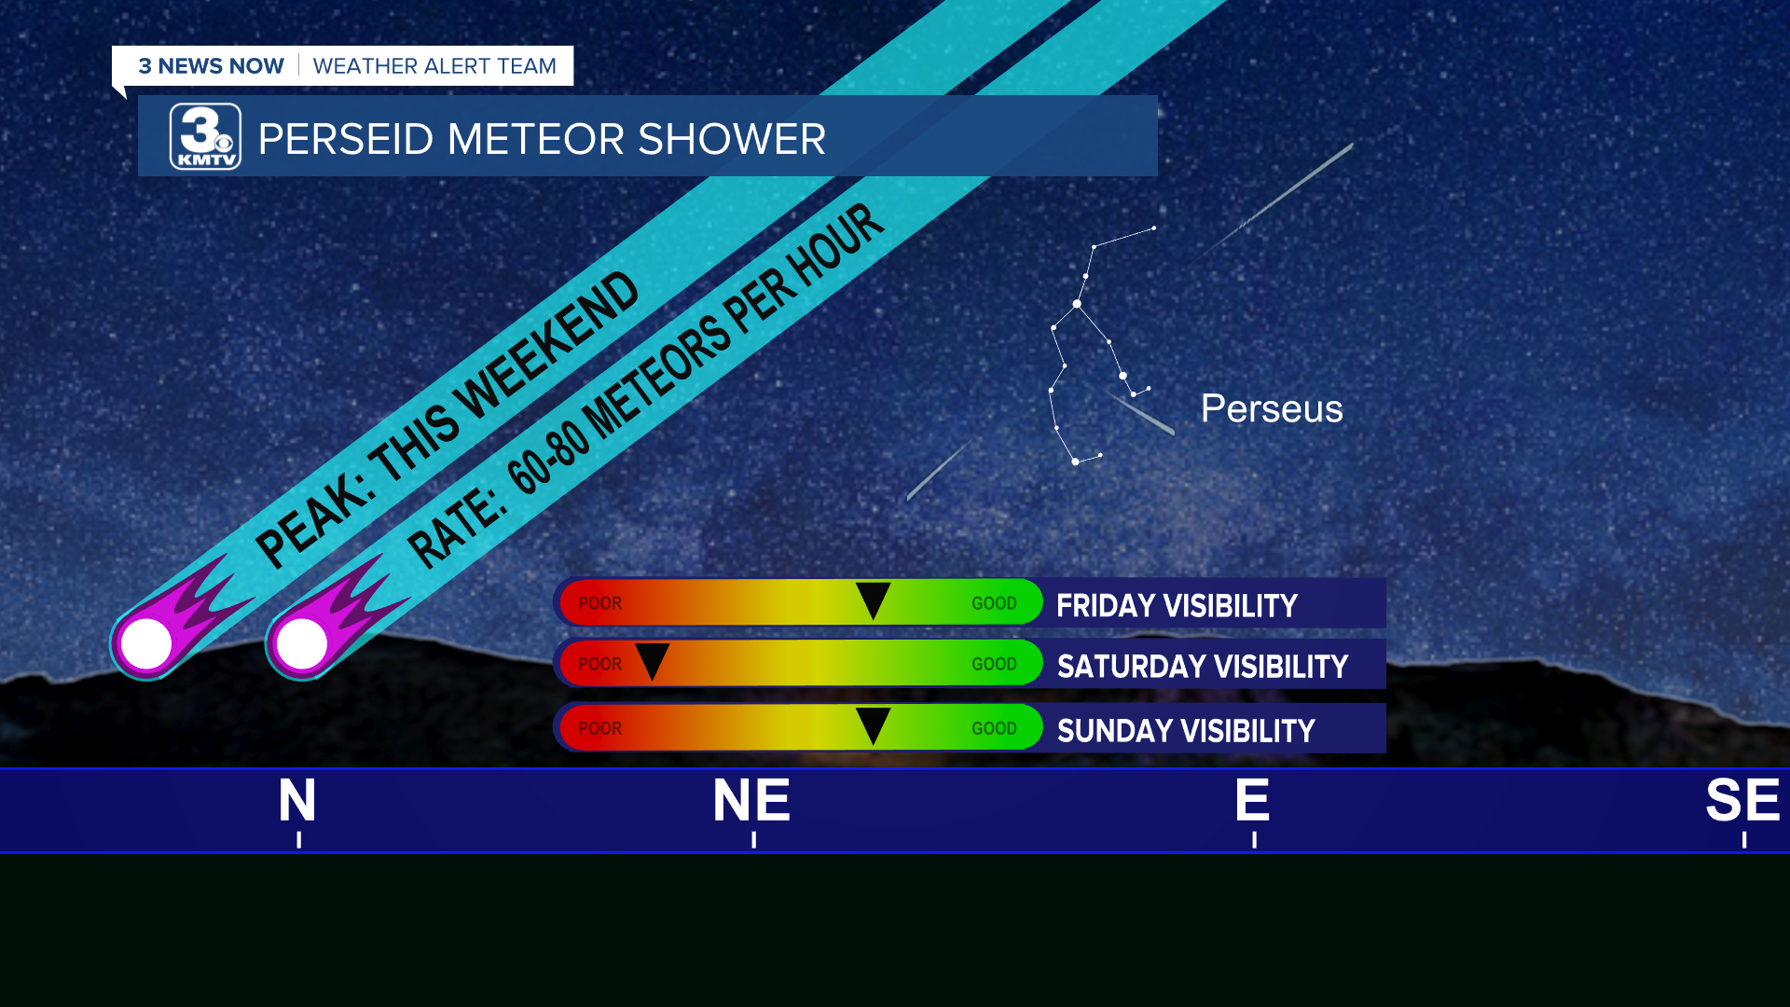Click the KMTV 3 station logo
pyautogui.click(x=205, y=137)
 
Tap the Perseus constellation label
pyautogui.click(x=1272, y=408)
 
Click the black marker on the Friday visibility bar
pyautogui.click(x=873, y=600)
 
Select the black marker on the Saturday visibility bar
pyautogui.click(x=652, y=660)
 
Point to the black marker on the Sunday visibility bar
pyautogui.click(x=873, y=724)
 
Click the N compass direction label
pyautogui.click(x=297, y=800)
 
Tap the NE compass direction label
pyautogui.click(x=751, y=800)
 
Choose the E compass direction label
pyautogui.click(x=1252, y=800)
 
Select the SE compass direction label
pyautogui.click(x=1742, y=800)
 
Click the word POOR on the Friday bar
pyautogui.click(x=600, y=603)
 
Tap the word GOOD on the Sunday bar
pyautogui.click(x=994, y=728)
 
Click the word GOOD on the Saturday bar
pyautogui.click(x=994, y=664)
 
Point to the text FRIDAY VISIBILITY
pyautogui.click(x=1177, y=606)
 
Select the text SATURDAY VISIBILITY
pyautogui.click(x=1203, y=667)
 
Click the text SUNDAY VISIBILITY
pyautogui.click(x=1186, y=731)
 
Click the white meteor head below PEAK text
pyautogui.click(x=146, y=643)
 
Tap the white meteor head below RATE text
pyautogui.click(x=302, y=643)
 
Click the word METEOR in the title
pyautogui.click(x=540, y=139)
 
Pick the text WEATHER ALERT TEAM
pyautogui.click(x=434, y=66)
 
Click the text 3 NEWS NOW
pyautogui.click(x=212, y=66)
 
